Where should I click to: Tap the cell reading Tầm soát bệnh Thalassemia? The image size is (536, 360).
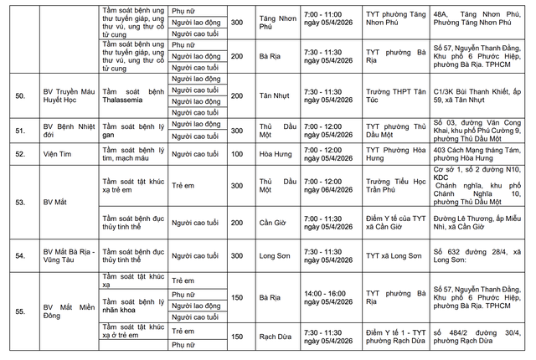point(129,97)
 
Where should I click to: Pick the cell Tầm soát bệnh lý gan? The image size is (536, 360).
point(129,131)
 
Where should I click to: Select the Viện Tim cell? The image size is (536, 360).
point(57,155)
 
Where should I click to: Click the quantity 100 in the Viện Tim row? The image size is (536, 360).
point(237,155)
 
